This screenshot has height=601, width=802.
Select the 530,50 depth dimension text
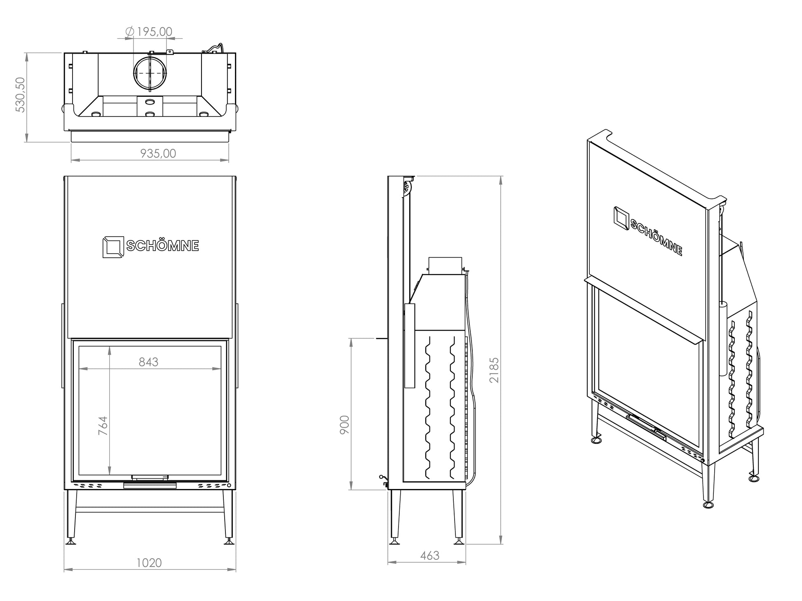pos(20,95)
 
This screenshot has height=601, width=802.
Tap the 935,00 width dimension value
pos(158,154)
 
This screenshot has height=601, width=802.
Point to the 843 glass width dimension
pos(148,362)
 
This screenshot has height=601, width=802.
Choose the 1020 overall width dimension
pos(149,562)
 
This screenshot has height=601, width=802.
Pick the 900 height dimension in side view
pos(345,424)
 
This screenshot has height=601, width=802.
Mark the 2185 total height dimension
pos(494,370)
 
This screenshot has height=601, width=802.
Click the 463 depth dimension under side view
pos(430,556)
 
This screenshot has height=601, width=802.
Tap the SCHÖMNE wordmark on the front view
pos(162,246)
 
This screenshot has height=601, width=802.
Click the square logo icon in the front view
pos(113,247)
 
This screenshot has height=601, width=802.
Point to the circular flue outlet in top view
pos(150,72)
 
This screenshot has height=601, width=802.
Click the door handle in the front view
pos(150,478)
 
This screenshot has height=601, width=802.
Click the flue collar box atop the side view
pos(445,266)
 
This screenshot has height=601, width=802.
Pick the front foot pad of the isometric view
pos(709,504)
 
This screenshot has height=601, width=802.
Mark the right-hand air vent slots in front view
pos(211,485)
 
